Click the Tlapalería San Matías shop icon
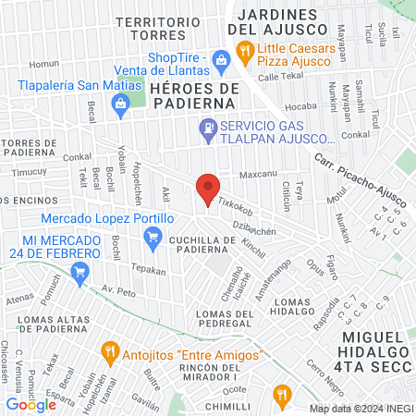tap(120, 104)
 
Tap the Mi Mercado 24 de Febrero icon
tap(80, 272)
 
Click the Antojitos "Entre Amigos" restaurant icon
tap(110, 354)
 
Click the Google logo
tap(31, 404)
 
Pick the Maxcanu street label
tap(259, 175)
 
